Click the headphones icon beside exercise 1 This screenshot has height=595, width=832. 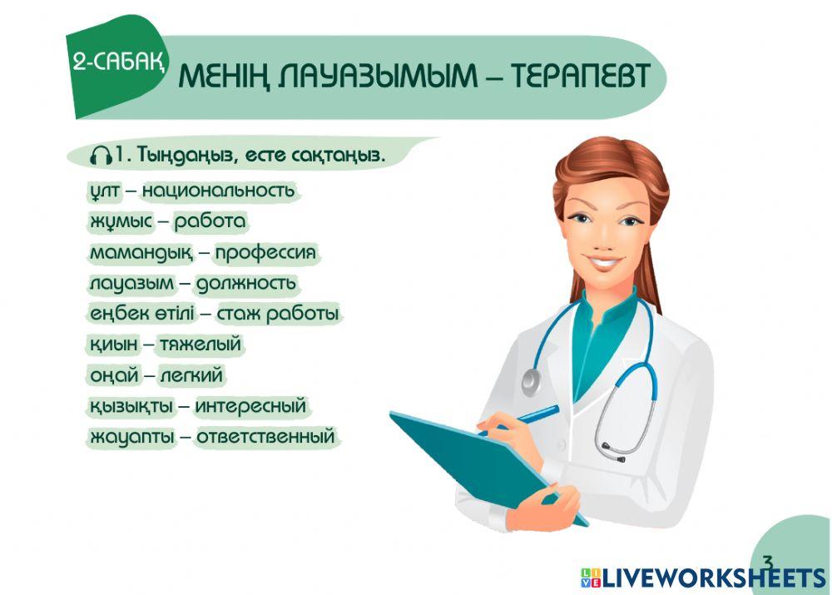tap(102, 156)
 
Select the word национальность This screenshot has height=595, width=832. tap(218, 191)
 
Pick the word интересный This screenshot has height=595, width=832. tap(251, 406)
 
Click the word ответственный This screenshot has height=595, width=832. tap(266, 437)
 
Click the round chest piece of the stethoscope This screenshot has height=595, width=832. tap(531, 382)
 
